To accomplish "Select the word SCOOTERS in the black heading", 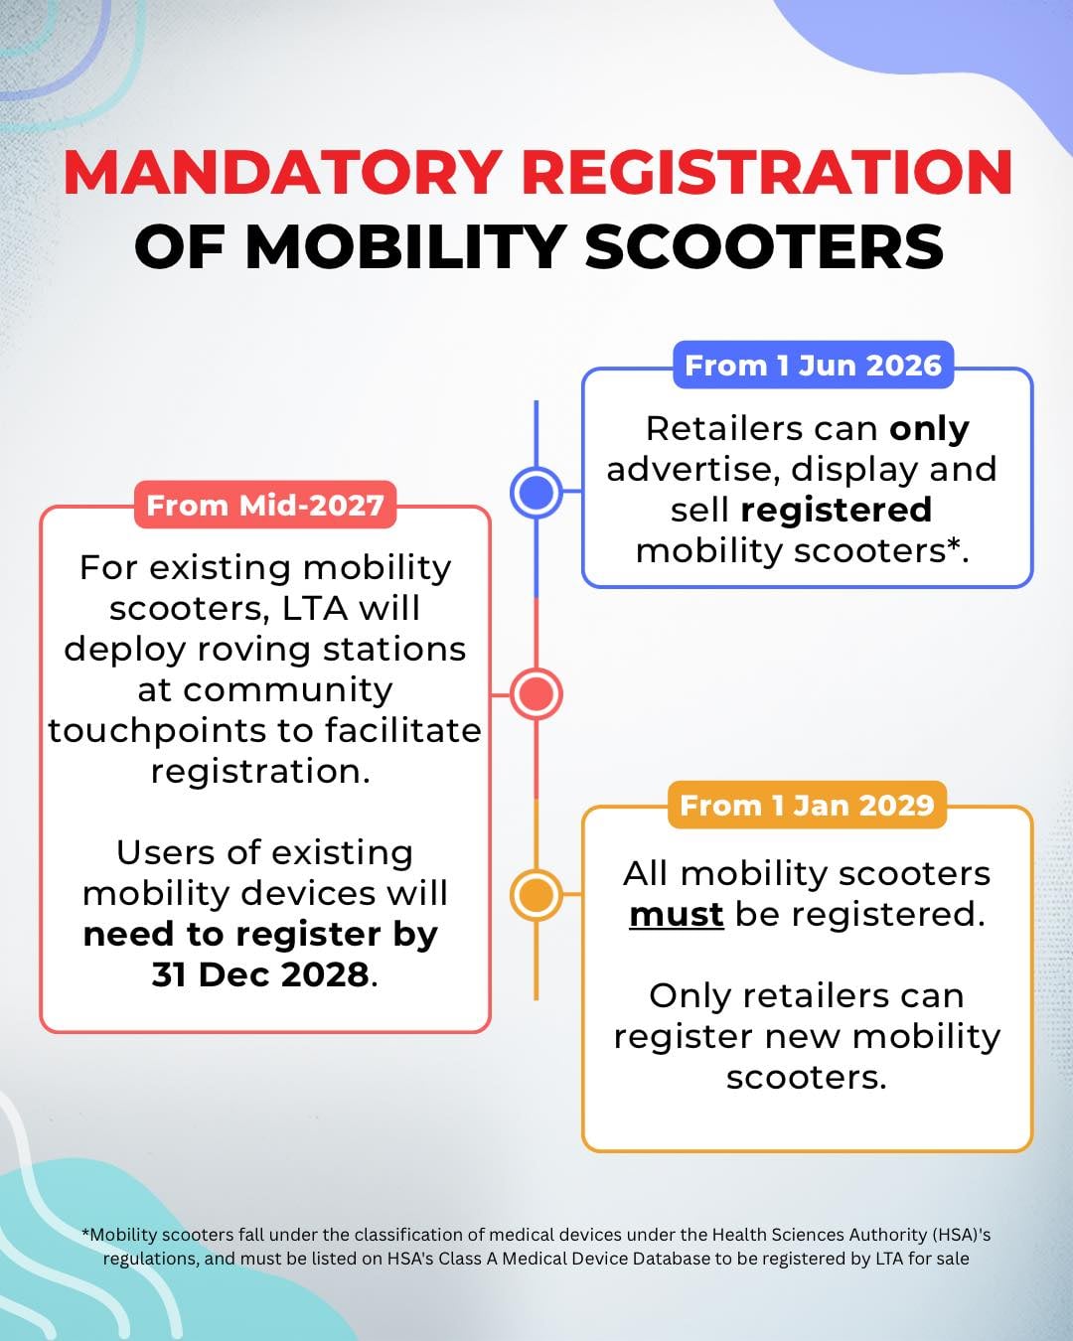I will point(764,246).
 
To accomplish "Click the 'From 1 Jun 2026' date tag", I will point(813,366).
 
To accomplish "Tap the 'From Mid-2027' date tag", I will point(265,506).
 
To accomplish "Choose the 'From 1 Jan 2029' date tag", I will point(807,805).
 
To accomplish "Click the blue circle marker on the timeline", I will point(536,492).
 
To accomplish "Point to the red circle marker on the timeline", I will point(536,693).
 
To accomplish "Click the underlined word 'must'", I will point(677,914).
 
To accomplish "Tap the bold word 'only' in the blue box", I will point(929,428).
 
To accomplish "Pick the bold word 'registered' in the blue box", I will point(837,510).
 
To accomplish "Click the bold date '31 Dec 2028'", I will point(260,974).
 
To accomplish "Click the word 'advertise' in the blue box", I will point(690,469).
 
